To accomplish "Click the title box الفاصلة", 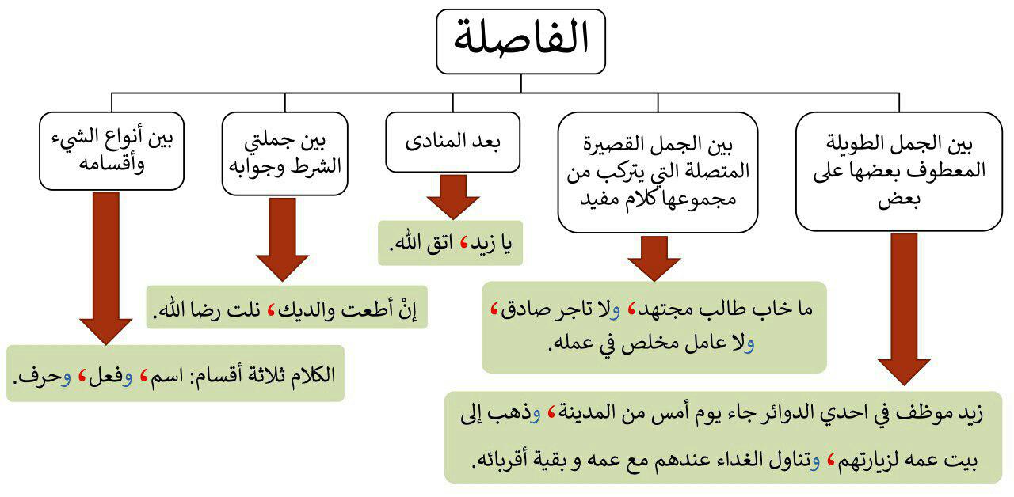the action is (x=520, y=41).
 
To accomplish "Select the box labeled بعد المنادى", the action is (x=453, y=143).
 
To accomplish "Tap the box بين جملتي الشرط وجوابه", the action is (x=284, y=154).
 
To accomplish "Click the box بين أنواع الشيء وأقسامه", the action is (x=111, y=152).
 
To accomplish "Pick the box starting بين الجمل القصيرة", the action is (x=657, y=172).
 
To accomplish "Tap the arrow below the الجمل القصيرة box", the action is (x=654, y=258).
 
